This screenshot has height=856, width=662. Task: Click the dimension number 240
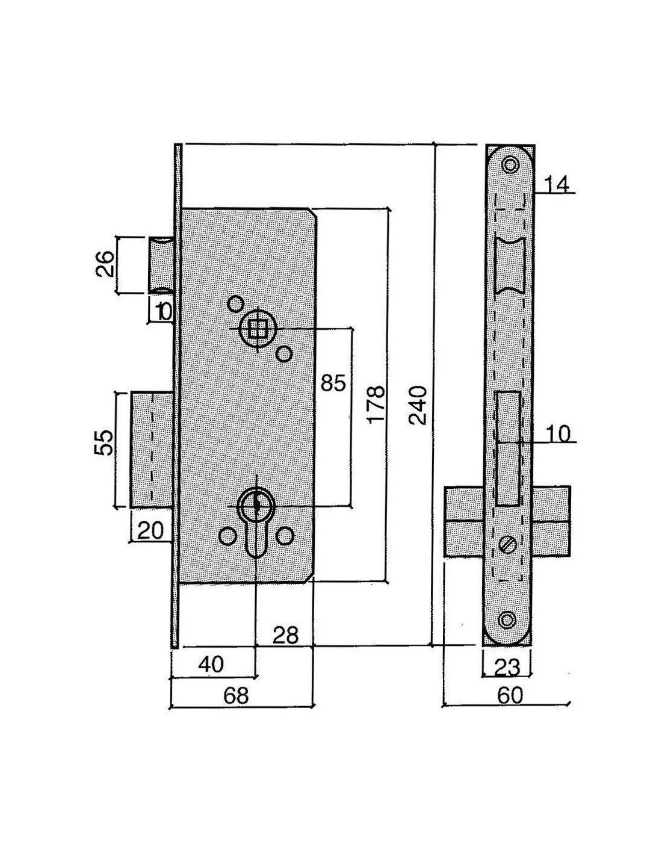coord(418,405)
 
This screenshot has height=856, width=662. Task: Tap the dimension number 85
coord(333,382)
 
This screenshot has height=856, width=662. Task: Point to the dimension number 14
coord(556,185)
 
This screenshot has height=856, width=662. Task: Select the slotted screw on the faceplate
coord(508,545)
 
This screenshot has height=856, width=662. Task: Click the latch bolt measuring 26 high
coord(161,265)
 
